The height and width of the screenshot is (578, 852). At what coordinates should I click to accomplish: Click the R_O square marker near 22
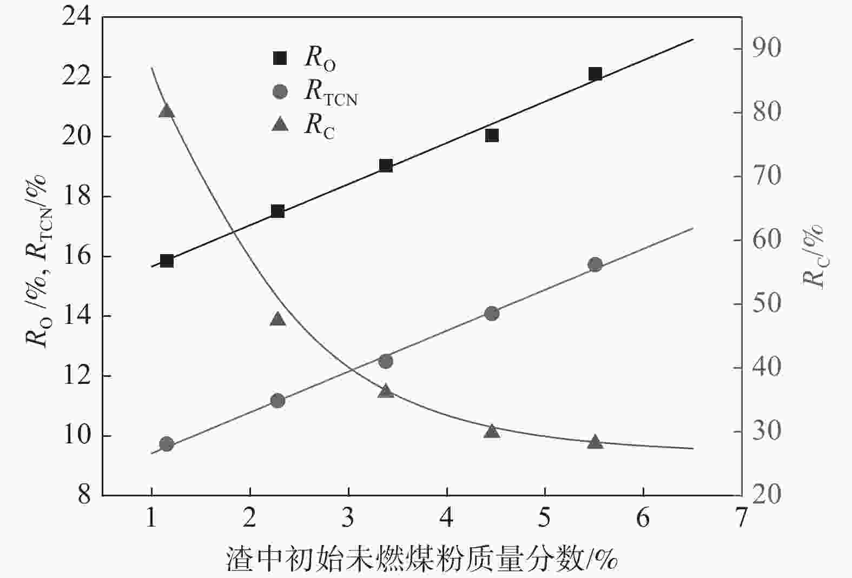(595, 75)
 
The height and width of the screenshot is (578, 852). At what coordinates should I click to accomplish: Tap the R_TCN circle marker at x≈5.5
(595, 264)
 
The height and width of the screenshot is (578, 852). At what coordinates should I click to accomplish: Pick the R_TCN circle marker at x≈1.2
(167, 444)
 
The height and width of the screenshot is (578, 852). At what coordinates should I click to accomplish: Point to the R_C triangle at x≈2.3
(278, 319)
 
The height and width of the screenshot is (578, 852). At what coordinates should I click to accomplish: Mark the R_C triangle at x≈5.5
(595, 442)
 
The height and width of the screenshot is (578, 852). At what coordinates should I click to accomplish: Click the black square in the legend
(280, 58)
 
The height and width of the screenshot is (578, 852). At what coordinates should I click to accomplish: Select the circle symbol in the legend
(280, 91)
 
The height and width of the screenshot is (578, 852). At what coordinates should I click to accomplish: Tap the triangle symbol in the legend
(280, 125)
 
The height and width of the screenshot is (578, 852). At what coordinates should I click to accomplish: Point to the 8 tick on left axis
(84, 495)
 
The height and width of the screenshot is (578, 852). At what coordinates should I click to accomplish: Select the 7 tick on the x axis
(741, 519)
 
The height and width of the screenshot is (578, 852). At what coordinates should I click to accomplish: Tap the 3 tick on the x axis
(348, 519)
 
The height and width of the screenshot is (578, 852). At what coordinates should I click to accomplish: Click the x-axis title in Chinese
(422, 560)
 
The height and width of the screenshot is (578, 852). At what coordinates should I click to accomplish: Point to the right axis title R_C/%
(813, 257)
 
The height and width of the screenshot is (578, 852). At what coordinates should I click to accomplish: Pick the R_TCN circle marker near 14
(492, 314)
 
